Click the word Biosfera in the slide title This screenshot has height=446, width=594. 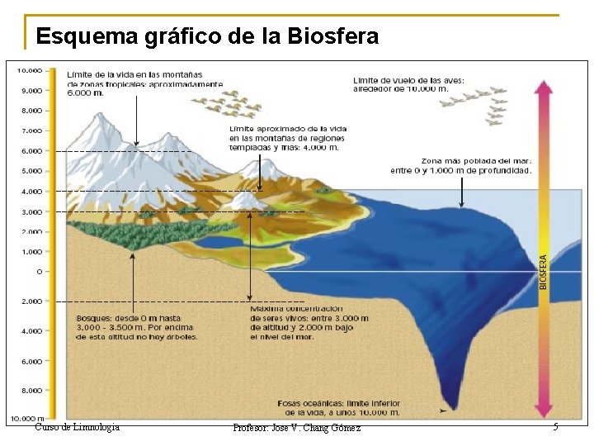point(333,36)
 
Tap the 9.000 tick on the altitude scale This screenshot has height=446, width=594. point(32,90)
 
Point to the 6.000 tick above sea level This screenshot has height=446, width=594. point(32,151)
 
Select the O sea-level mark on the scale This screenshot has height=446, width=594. point(39,271)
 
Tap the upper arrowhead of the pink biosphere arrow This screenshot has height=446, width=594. point(543,86)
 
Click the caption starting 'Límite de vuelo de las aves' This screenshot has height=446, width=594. point(408,84)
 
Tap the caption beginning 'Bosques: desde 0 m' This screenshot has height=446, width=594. point(136,326)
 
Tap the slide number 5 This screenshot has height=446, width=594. point(555,427)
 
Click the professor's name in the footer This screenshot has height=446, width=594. point(296,428)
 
